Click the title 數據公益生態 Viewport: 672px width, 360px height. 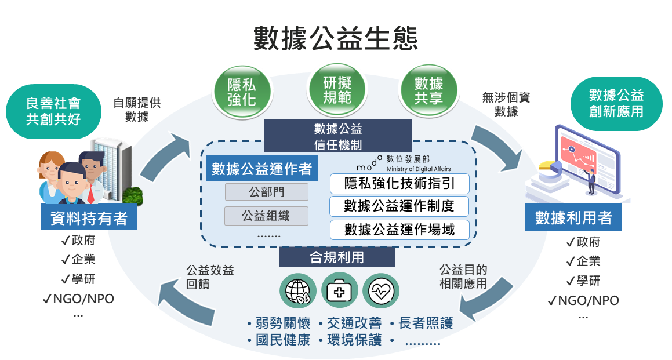click(336, 38)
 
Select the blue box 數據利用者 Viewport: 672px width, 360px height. click(573, 217)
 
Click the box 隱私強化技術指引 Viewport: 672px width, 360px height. click(399, 184)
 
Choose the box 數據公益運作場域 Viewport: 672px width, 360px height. click(399, 229)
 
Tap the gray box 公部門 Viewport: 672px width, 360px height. click(266, 192)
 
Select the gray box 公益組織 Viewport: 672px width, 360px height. click(266, 216)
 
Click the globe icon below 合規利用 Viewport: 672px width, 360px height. click(298, 290)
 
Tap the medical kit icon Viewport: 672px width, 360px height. click(339, 290)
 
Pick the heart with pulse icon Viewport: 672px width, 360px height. click(381, 290)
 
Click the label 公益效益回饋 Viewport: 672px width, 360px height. click(210, 278)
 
